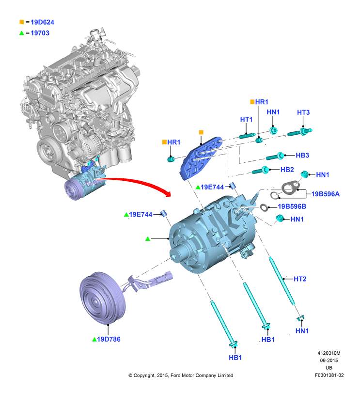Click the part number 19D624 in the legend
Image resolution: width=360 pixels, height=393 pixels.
[x=42, y=22]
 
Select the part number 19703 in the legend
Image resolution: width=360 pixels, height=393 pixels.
[x=40, y=33]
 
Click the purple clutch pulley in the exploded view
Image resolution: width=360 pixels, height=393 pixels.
[x=102, y=298]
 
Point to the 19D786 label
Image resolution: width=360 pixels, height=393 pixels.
[x=109, y=339]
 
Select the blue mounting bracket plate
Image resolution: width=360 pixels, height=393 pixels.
[x=201, y=157]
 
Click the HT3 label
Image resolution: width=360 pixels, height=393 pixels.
[x=303, y=112]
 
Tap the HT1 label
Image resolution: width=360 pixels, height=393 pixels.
[x=246, y=120]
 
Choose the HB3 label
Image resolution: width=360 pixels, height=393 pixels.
[x=302, y=156]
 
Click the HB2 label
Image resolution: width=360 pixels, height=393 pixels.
[x=287, y=170]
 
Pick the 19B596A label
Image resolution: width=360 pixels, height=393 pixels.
[x=325, y=194]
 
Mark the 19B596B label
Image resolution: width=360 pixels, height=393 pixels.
[x=292, y=206]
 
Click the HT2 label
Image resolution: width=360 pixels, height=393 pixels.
[x=300, y=279]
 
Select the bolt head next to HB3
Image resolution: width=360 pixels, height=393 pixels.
[x=281, y=156]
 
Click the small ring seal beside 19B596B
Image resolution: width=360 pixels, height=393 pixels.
[x=264, y=207]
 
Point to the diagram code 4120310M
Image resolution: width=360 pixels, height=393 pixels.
[x=329, y=353]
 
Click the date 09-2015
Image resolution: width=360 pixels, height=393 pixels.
[x=329, y=361]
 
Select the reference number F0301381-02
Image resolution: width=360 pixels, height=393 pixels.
[x=329, y=375]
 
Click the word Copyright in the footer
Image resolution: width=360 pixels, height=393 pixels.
[x=144, y=376]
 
